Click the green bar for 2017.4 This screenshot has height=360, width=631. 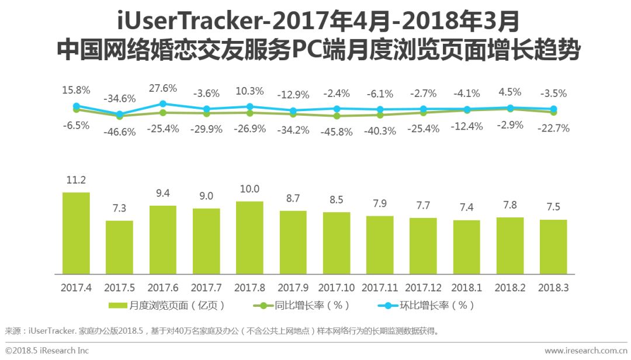pos(76,233)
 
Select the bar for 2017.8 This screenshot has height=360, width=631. pos(249,237)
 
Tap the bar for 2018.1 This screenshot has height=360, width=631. pos(466,247)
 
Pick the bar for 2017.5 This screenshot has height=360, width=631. pos(119,247)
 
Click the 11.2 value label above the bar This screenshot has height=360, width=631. pos(76,180)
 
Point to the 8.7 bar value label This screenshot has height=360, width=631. pos(293,199)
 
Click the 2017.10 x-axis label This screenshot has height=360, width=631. pos(337,288)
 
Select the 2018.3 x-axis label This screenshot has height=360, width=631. pos(553,288)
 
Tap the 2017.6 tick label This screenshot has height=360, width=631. pos(162,288)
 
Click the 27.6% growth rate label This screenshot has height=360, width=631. pos(163,88)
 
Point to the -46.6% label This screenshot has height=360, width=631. pos(119,131)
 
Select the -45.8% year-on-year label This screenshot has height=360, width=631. pos(337,131)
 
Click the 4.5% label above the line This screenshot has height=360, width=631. pos(510,92)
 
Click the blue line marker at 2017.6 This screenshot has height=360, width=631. pos(163,104)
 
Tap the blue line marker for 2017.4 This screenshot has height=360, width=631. pos(76,106)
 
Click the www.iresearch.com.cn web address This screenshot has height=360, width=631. pos(585,351)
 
